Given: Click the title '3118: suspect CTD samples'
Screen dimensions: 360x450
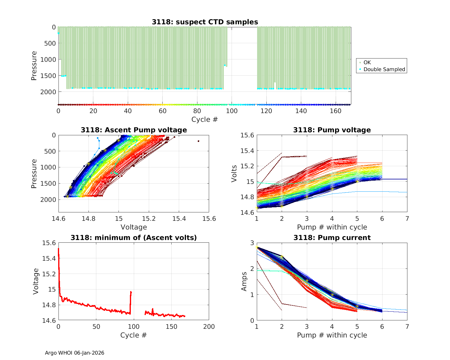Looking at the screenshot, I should click(205, 22).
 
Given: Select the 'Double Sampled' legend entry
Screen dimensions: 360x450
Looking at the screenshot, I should click(384, 69).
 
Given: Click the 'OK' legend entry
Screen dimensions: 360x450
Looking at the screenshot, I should click(367, 62).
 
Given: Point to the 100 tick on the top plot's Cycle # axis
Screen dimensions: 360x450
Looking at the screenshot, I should click(232, 111).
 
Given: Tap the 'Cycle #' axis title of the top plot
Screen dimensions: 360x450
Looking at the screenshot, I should click(205, 119).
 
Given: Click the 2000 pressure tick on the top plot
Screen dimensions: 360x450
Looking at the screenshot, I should click(48, 92).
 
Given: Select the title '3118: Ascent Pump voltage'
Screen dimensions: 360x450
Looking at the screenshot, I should click(134, 130).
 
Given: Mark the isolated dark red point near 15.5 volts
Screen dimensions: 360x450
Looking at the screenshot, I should click(198, 141).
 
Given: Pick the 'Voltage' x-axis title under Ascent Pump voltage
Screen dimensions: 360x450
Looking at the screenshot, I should click(134, 227).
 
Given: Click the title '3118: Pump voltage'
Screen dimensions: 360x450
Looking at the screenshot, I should click(332, 130).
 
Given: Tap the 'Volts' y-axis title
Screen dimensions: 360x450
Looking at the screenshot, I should click(234, 174).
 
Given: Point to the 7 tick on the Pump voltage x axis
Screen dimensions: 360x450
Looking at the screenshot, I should click(407, 219).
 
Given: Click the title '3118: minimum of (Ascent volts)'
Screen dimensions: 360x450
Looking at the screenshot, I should click(134, 238).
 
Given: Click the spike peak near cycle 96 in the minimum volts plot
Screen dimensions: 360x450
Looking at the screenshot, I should click(131, 292).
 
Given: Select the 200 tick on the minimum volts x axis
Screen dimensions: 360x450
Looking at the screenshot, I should click(209, 327).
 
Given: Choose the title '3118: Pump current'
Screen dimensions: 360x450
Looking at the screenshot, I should click(332, 238).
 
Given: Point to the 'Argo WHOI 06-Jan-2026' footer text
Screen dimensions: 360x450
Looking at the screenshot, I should click(74, 353).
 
